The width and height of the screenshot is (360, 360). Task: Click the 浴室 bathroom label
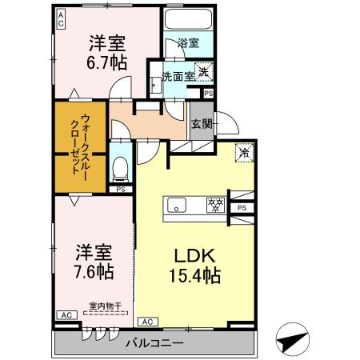coord(188,43)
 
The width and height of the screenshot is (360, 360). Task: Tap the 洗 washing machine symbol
coord(205,71)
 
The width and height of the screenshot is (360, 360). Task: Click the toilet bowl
coord(121,168)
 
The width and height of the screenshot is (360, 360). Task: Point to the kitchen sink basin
coord(178,203)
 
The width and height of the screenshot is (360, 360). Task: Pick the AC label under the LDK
coord(146,322)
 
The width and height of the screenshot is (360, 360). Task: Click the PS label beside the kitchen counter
coord(241,207)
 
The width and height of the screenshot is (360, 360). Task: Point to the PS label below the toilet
coord(121,190)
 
